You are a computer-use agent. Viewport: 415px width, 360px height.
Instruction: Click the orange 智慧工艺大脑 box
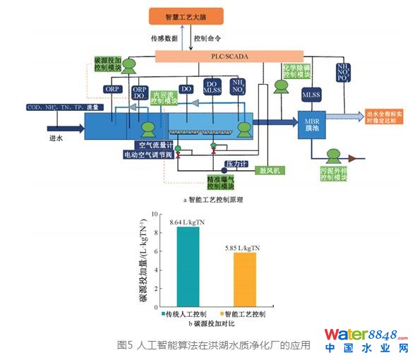pyautogui.click(x=185, y=16)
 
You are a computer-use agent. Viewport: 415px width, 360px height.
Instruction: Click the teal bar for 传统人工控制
pyautogui.click(x=188, y=266)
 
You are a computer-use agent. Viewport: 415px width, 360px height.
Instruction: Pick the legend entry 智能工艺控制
pyautogui.click(x=244, y=313)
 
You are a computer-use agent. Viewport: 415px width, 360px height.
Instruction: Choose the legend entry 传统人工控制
pyautogui.click(x=186, y=313)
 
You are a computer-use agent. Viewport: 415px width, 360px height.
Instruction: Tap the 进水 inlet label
pyautogui.click(x=56, y=139)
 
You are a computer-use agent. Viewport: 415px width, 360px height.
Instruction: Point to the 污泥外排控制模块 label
pyautogui.click(x=330, y=173)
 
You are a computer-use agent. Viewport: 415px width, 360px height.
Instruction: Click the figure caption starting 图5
pyautogui.click(x=212, y=345)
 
